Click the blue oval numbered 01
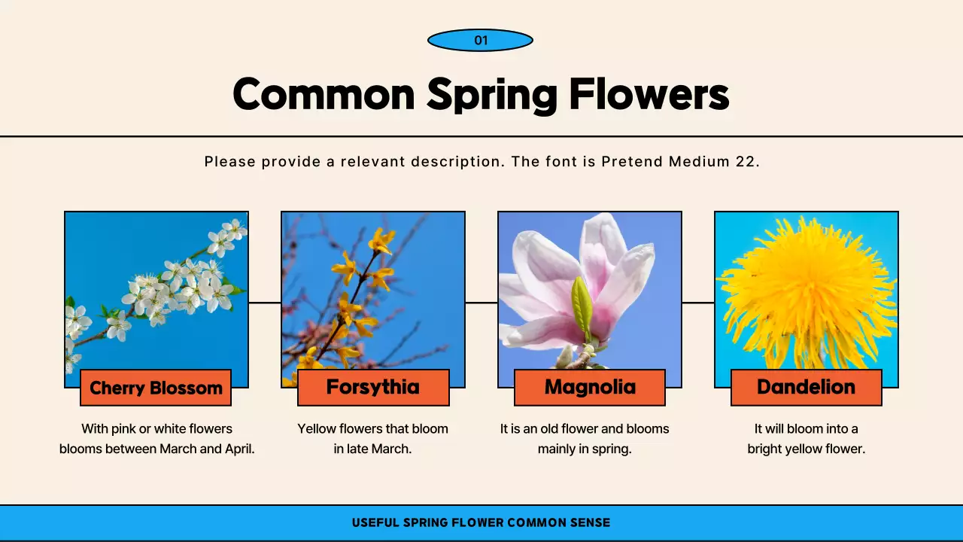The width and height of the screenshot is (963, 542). pos(480,40)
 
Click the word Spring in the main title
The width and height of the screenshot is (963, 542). pos(492,95)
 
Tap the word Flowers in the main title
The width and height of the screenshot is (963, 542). pos(649,95)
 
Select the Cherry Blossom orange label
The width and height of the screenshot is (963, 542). pos(156,388)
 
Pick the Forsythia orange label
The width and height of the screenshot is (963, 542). pos(373,387)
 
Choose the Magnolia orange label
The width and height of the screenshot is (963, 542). pos(590,387)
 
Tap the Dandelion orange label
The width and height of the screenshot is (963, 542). pos(806,387)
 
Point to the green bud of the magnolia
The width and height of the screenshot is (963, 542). pos(581,309)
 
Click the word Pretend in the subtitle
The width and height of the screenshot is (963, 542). pos(632,161)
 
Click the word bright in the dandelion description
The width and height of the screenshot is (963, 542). pos(766,449)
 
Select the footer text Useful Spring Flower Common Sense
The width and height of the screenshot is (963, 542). pos(481,522)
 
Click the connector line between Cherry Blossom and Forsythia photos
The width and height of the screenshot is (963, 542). pos(265,303)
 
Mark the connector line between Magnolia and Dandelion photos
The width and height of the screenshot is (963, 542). pos(698,303)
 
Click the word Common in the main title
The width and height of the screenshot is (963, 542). pos(324,95)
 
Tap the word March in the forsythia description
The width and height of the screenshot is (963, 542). pos(393,449)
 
